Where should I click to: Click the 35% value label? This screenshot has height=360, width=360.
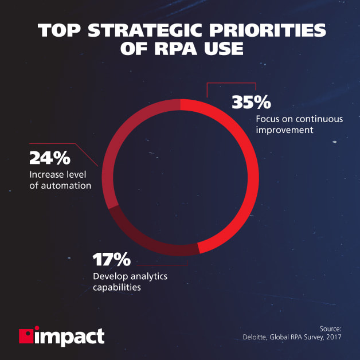tap(251, 103)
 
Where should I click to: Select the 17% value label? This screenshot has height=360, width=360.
tap(112, 260)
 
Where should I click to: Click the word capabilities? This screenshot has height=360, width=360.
tap(116, 287)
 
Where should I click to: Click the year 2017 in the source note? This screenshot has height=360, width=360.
tap(332, 338)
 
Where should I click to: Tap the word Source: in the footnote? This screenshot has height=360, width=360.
tap(328, 328)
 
